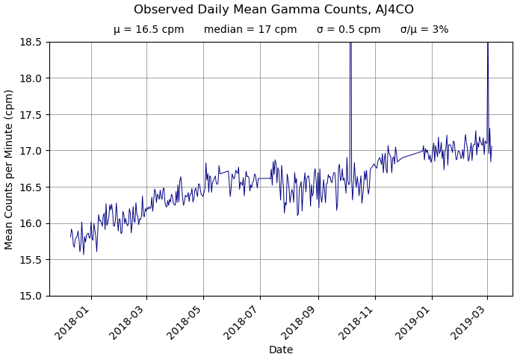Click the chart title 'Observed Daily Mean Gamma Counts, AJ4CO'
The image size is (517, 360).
[273, 10]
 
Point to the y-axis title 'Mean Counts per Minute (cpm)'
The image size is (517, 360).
[10, 169]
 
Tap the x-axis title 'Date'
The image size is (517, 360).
[281, 350]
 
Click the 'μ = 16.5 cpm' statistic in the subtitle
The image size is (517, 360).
[149, 30]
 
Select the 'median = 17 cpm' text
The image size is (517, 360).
[250, 30]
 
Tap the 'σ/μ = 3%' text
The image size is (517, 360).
[424, 30]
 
